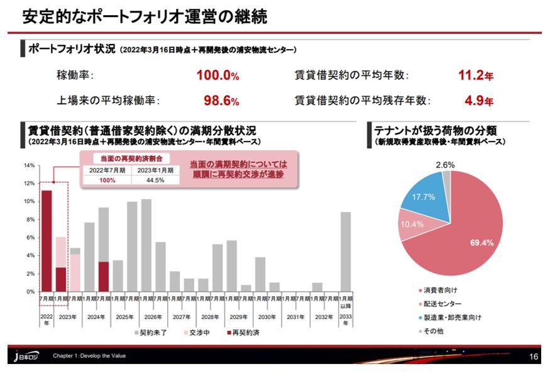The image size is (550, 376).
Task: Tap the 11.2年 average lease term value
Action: (x=475, y=76)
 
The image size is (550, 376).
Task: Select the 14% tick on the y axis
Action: (x=29, y=166)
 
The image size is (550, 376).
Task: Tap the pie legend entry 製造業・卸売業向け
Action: (x=452, y=318)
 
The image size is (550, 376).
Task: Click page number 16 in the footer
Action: (x=534, y=357)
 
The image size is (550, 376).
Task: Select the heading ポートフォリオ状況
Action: (x=70, y=49)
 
